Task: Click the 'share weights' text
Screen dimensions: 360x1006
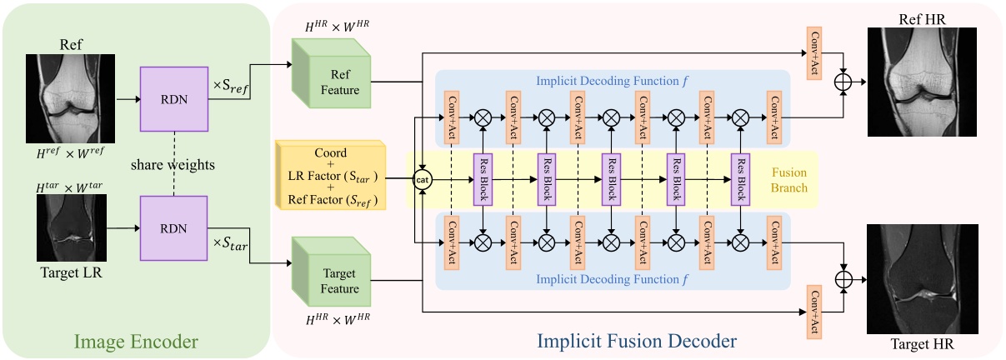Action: point(173,165)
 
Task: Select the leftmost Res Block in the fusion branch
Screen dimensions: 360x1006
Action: point(481,178)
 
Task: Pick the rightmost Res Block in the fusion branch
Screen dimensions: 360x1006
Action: point(738,178)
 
